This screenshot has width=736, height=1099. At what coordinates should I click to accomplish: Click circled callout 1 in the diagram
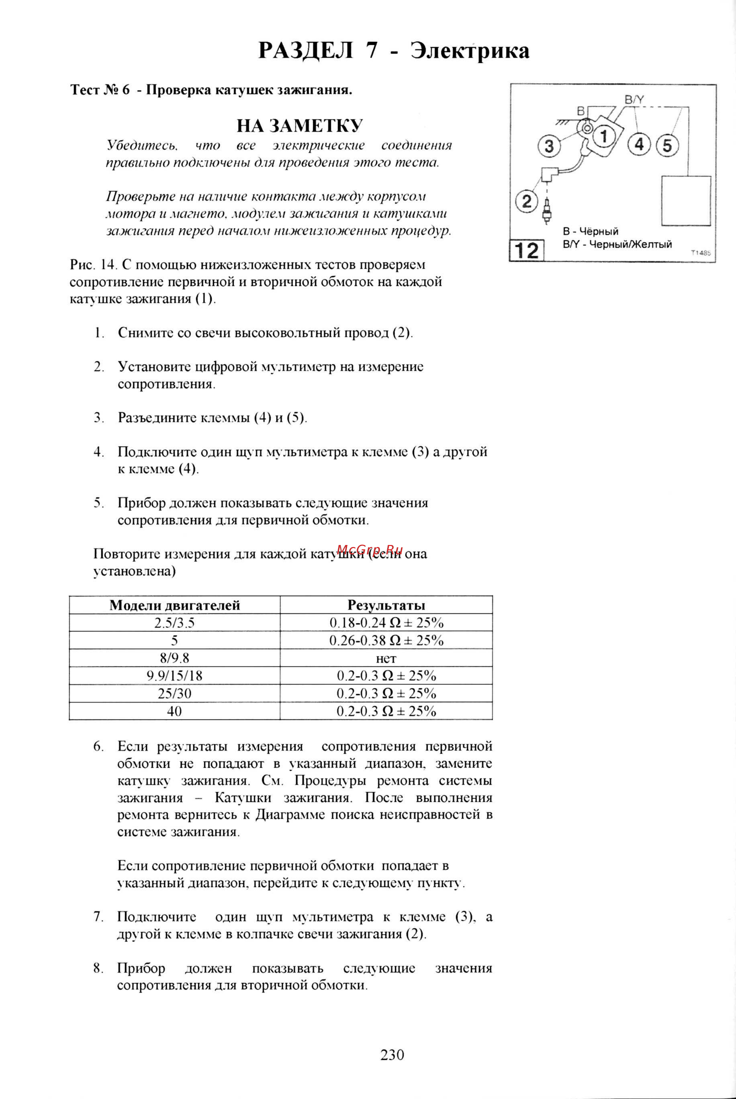point(604,136)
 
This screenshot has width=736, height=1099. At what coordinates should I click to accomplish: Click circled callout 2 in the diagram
point(527,202)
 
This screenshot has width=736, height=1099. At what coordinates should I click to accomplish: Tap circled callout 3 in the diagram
point(549,147)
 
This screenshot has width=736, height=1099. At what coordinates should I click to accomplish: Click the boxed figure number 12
point(527,250)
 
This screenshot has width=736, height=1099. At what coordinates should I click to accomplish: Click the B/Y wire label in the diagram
point(634,100)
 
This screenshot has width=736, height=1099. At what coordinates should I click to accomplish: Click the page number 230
point(392,1055)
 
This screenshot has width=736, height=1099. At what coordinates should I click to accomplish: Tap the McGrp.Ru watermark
point(370,549)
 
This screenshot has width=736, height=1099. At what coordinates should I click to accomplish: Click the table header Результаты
point(386,605)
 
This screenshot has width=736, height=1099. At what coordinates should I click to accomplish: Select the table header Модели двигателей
point(175,605)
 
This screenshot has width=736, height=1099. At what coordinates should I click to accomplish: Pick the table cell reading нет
point(386,658)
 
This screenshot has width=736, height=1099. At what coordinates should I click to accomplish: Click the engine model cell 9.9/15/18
point(175,676)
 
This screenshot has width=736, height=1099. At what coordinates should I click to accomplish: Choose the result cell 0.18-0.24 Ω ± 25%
point(386,623)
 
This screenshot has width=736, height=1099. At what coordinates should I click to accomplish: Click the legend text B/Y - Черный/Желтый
point(617,245)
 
